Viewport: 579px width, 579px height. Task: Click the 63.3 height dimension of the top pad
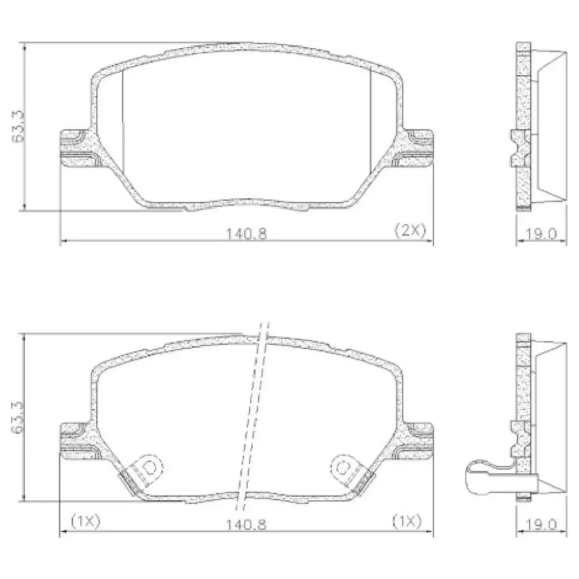click(17, 126)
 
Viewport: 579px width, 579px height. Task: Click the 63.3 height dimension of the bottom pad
click(17, 417)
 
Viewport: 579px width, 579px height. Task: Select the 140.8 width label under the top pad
click(246, 234)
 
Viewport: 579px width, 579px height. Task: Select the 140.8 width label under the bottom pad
click(246, 524)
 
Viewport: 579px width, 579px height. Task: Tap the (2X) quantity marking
click(410, 230)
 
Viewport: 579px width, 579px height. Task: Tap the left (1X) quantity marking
click(85, 521)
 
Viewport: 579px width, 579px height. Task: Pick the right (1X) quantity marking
click(407, 521)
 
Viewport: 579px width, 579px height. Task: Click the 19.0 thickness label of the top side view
click(541, 234)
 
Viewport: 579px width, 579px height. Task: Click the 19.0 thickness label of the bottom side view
click(541, 524)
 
